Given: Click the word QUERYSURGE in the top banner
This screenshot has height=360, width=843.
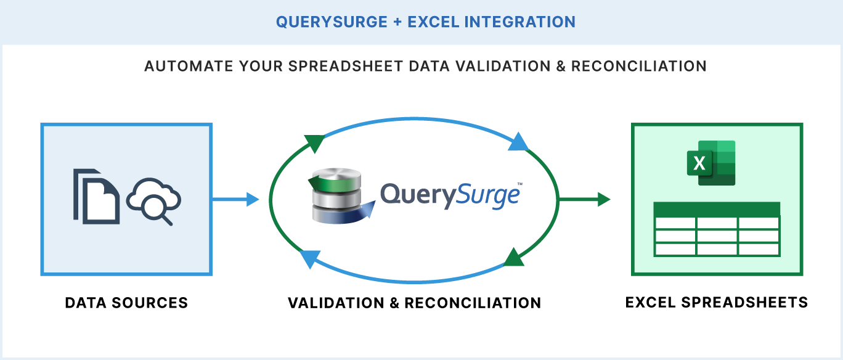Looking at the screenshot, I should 327,22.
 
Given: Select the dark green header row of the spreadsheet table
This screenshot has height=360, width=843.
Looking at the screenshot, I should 717,209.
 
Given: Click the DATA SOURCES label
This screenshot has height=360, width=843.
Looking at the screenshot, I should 126,303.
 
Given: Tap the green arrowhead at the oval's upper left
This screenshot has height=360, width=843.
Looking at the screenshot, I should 314,144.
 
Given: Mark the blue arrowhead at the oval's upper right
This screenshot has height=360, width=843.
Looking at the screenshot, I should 518,142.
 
